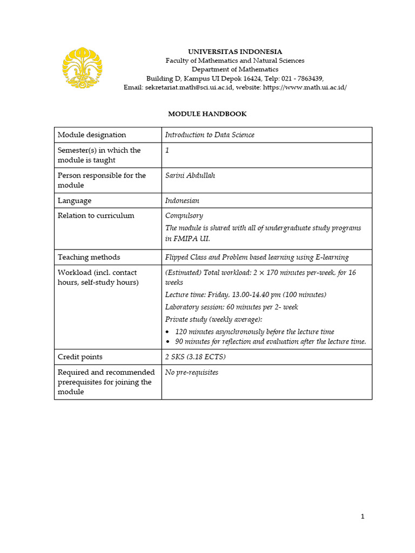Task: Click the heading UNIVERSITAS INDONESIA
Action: click(235, 52)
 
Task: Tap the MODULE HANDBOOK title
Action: click(207, 114)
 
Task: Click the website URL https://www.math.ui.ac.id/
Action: click(304, 87)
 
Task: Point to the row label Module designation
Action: click(92, 135)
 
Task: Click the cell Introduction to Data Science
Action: click(210, 135)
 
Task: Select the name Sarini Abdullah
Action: click(190, 176)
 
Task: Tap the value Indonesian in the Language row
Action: click(182, 200)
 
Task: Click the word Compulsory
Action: click(184, 215)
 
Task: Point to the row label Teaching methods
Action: click(89, 257)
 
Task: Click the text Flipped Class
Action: click(185, 257)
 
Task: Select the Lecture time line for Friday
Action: click(245, 294)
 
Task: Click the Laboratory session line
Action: click(231, 307)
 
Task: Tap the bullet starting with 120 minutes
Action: click(255, 332)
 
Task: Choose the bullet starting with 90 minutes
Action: click(270, 341)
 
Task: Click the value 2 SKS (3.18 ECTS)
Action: click(195, 357)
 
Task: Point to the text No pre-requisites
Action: click(192, 373)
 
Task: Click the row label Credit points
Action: click(80, 357)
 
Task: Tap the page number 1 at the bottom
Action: click(363, 517)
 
